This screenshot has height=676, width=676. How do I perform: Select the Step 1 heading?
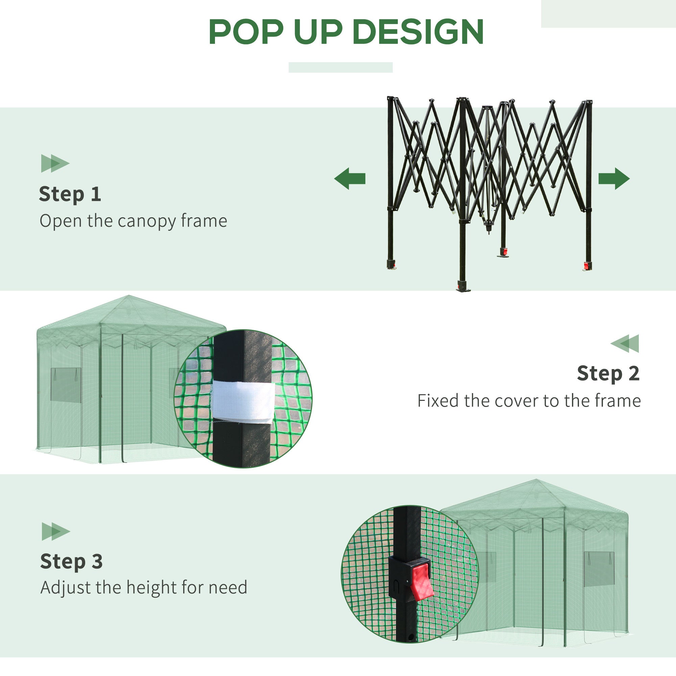click(70, 194)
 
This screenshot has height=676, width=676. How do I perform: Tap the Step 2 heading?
click(608, 373)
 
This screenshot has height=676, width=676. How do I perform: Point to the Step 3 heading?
click(71, 561)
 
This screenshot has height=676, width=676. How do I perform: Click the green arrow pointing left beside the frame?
click(349, 178)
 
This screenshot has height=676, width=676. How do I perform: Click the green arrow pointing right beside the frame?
click(614, 178)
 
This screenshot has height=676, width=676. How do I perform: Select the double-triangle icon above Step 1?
click(55, 163)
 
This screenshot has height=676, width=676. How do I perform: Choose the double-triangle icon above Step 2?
click(625, 343)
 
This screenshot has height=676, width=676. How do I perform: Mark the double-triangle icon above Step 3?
click(56, 531)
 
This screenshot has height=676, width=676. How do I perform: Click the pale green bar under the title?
click(340, 67)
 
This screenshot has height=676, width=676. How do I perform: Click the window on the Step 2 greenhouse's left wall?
click(66, 384)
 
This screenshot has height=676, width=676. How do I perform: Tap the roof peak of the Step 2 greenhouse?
click(129, 297)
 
